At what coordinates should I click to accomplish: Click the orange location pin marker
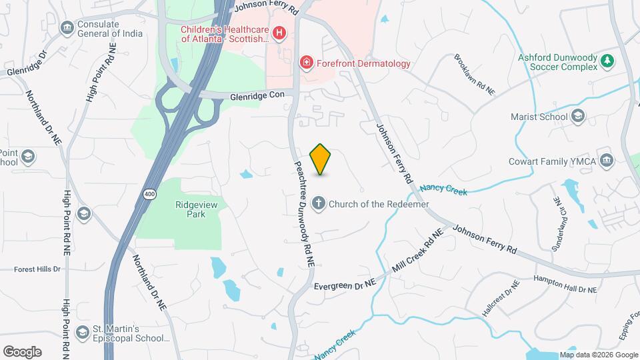(x=321, y=159)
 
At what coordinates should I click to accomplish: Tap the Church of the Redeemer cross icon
(x=319, y=203)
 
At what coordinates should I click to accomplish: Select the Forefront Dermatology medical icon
(x=306, y=63)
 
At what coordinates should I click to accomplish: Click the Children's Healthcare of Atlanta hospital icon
(x=279, y=32)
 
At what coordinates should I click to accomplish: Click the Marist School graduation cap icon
(x=578, y=117)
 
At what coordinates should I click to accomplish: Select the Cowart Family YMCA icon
(x=607, y=160)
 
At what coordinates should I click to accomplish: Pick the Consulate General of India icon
(x=67, y=27)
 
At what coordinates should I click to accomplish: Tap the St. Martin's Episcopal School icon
(x=82, y=333)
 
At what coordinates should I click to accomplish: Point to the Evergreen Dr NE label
(x=345, y=284)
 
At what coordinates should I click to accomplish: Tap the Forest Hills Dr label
(x=37, y=269)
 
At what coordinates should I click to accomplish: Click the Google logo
(x=22, y=351)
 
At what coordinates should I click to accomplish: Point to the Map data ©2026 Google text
(x=597, y=355)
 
